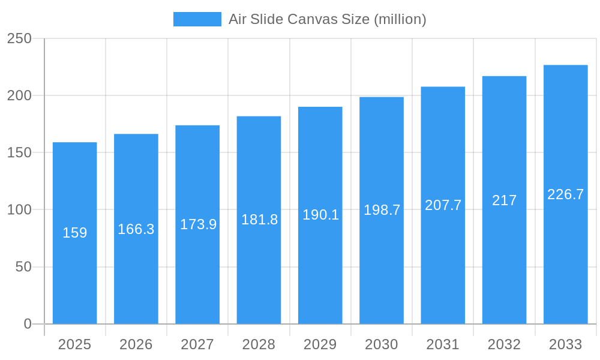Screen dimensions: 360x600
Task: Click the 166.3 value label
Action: point(136,229)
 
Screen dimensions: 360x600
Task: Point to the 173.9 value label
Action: point(198,224)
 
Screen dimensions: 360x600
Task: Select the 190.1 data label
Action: point(320,215)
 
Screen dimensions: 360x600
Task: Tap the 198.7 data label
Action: point(382,210)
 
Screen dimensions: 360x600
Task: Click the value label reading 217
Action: point(504,200)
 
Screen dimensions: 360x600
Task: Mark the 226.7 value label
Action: point(565,194)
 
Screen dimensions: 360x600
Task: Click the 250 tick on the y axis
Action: point(19,38)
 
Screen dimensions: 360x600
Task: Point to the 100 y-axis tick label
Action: point(19,209)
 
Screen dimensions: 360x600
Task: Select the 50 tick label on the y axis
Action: point(23,266)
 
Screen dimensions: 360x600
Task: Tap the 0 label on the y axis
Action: point(28,324)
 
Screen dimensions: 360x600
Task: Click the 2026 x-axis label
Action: point(136,344)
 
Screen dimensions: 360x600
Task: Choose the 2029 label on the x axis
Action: point(320,344)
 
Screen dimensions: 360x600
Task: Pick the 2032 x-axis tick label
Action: point(504,344)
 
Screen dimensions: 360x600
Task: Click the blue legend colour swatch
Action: point(197,19)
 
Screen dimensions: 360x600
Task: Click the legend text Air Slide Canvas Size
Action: point(327,19)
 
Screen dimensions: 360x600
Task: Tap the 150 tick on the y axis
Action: point(19,152)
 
